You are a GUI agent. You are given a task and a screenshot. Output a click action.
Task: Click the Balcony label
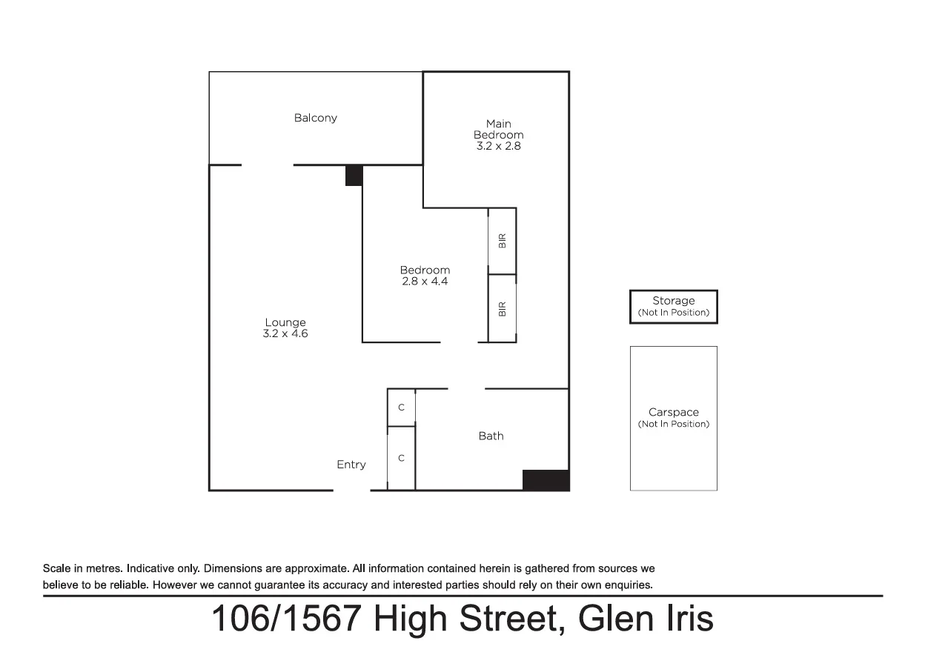point(315,118)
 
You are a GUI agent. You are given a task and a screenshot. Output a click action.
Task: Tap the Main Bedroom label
point(498,129)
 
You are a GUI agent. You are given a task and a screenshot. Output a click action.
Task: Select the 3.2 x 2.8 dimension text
point(498,147)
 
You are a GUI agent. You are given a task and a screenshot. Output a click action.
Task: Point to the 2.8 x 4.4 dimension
point(424,282)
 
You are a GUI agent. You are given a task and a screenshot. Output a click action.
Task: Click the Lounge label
point(285,322)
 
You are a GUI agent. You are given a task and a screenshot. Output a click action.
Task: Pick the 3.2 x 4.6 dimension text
point(285,334)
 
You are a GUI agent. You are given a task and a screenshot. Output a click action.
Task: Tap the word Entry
point(351,465)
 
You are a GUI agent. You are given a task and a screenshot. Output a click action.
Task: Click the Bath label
point(491,436)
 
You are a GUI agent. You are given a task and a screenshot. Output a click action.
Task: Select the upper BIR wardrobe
point(502,241)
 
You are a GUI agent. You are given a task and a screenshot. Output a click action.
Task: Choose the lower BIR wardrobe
point(502,308)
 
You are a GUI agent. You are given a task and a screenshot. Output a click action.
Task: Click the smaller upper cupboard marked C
point(401,408)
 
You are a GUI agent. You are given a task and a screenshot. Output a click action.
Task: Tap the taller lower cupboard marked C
point(401,458)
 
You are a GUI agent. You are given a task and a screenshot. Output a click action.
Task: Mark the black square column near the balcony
point(354,176)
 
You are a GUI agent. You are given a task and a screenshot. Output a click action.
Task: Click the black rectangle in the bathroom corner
point(546,480)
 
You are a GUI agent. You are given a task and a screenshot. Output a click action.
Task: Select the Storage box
point(673,306)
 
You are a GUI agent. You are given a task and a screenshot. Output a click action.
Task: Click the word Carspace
point(673,413)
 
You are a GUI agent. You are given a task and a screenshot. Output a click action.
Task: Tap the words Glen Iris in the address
point(646,619)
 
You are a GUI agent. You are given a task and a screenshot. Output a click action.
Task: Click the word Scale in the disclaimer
point(57,569)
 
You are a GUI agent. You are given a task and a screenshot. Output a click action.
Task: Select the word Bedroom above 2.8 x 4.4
point(424,270)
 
